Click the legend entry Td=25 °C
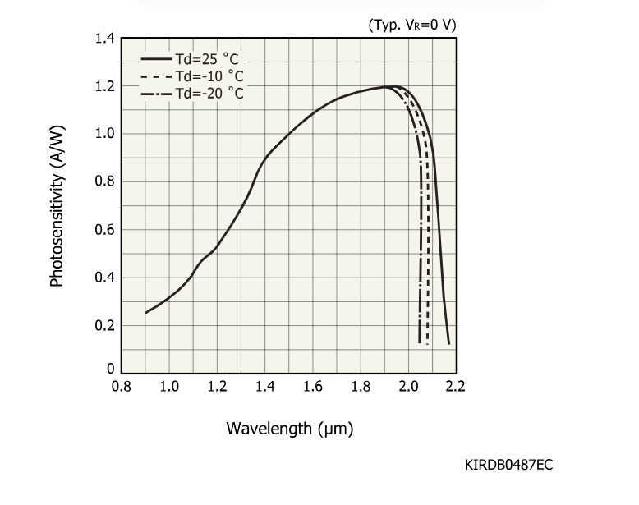coord(209,59)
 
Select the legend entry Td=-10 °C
coord(209,76)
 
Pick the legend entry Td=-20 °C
coord(209,93)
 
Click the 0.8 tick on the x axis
coord(122,387)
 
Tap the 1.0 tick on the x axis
coord(169,387)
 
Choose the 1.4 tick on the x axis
coord(264,387)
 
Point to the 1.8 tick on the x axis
coord(360,387)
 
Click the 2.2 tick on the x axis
coord(455,387)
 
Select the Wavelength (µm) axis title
coord(289,428)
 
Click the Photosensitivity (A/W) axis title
coord(57,206)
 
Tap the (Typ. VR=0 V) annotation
coord(411,25)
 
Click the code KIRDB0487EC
coord(508,466)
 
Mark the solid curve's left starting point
coord(146,313)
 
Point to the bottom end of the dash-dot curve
coord(420,342)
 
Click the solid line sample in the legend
coord(155,59)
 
